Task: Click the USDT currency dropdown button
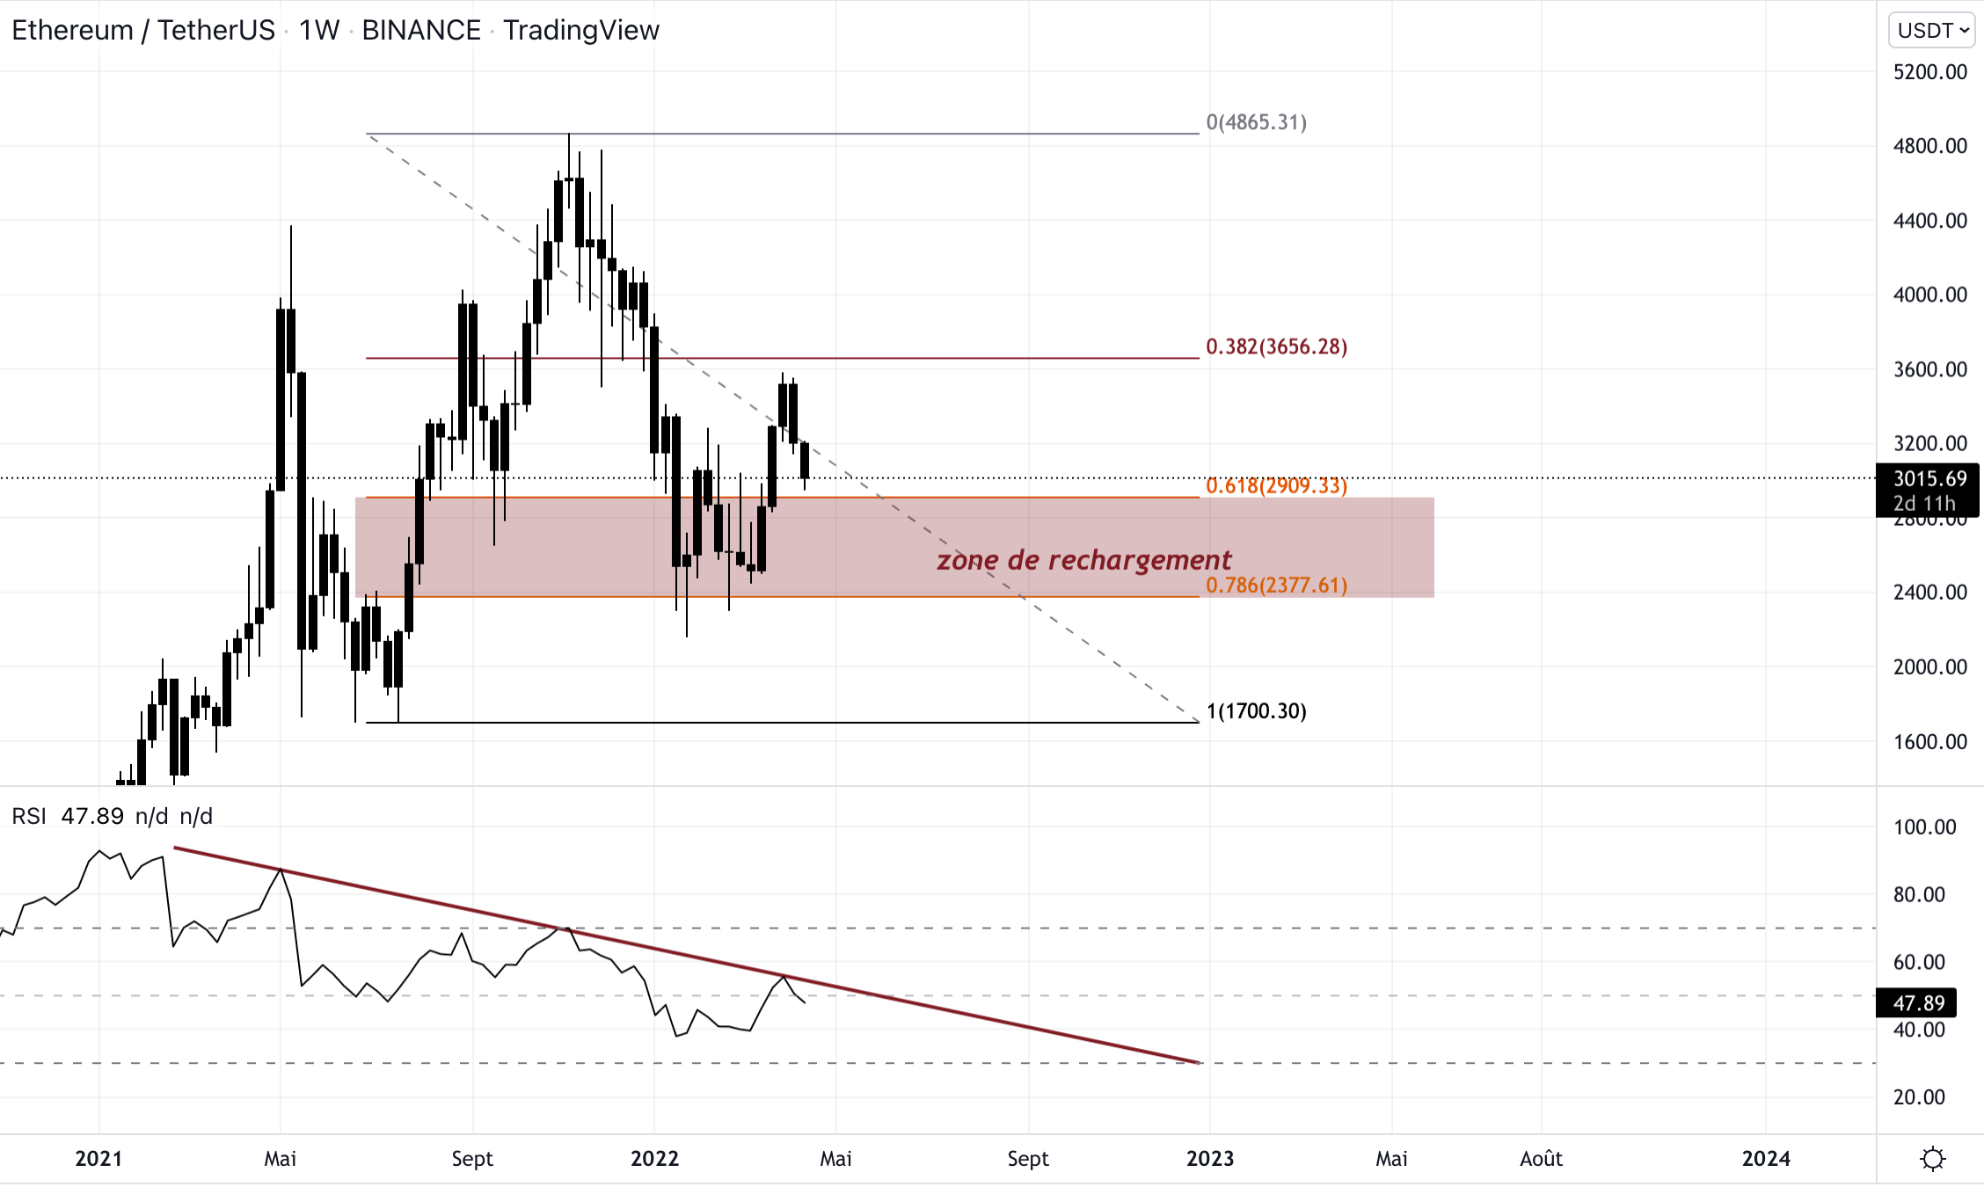1932,31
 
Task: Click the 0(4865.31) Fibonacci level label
1256,122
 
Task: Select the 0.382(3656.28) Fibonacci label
1276,346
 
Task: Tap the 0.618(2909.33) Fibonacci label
1276,485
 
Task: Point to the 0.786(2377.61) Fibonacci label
1276,585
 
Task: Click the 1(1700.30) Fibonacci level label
1256,710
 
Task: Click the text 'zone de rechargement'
1083,560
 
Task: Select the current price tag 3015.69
1929,479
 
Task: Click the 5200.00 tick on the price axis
1929,72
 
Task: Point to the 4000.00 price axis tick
1929,295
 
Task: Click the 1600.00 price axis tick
1929,741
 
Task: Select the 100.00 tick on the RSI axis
1924,827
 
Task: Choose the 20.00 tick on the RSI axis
1919,1096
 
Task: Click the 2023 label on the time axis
1209,1159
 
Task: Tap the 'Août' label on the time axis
1541,1159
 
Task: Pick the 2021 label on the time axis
98,1159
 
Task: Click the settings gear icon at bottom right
1932,1159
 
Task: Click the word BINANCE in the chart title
421,31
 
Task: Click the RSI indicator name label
29,816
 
